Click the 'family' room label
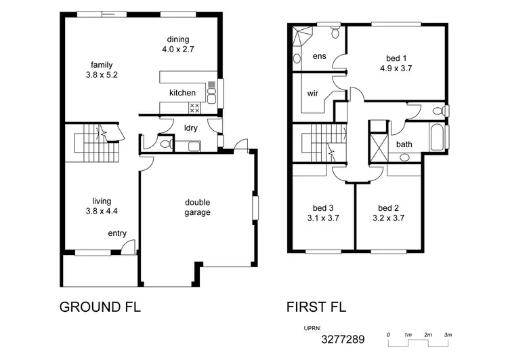(x=102, y=65)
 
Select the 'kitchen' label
(x=182, y=93)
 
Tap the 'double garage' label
(x=198, y=207)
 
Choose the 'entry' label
(x=117, y=234)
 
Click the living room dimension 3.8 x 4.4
(x=102, y=211)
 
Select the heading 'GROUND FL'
(x=101, y=306)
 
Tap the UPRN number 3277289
(x=343, y=338)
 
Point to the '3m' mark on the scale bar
(x=448, y=335)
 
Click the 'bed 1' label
(x=396, y=58)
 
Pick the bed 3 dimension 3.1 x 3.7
(x=322, y=218)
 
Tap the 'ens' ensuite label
(x=320, y=56)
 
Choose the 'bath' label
(x=404, y=144)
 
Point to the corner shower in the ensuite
(x=301, y=36)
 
